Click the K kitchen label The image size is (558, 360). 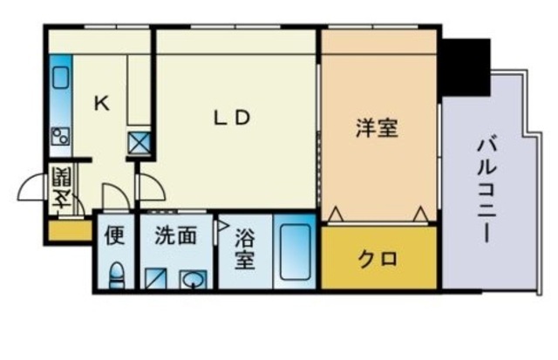click(x=102, y=104)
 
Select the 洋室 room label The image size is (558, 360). click(x=377, y=127)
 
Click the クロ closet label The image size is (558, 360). click(x=378, y=259)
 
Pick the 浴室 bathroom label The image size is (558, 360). click(x=244, y=249)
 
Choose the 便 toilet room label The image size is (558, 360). click(x=114, y=235)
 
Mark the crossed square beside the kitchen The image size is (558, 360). click(x=139, y=142)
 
